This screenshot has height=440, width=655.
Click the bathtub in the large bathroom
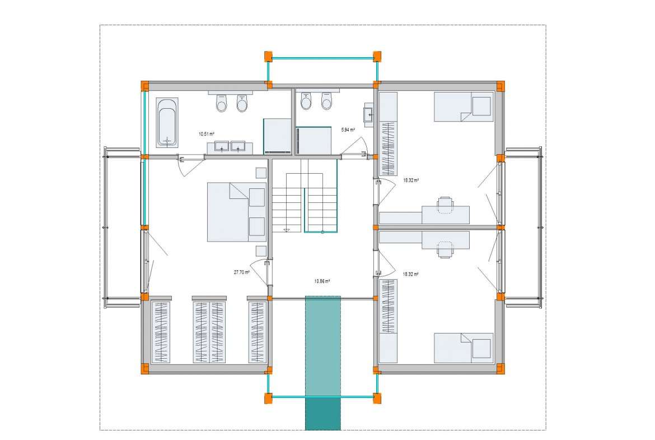click(167, 123)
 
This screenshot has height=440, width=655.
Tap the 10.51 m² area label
click(207, 135)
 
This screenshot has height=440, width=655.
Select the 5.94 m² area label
click(348, 129)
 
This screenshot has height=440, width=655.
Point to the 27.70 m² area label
click(241, 272)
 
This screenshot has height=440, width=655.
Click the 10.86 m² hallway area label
click(322, 281)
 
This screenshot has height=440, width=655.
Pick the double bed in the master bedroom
click(236, 212)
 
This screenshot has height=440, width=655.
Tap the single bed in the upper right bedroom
click(464, 107)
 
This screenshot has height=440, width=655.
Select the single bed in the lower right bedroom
click(464, 348)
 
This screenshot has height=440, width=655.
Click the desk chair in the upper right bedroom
click(445, 205)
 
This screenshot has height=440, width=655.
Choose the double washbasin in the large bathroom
click(230, 147)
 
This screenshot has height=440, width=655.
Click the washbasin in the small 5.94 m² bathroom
click(368, 114)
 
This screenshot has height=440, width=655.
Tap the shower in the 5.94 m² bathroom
click(314, 141)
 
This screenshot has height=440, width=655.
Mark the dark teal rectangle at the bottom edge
click(323, 414)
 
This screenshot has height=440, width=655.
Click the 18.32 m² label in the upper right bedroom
click(411, 180)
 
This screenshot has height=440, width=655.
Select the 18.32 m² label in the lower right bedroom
click(411, 275)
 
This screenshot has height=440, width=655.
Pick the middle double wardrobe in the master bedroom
click(209, 330)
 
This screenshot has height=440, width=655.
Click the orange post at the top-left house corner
click(144, 86)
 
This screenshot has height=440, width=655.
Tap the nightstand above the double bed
click(261, 173)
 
